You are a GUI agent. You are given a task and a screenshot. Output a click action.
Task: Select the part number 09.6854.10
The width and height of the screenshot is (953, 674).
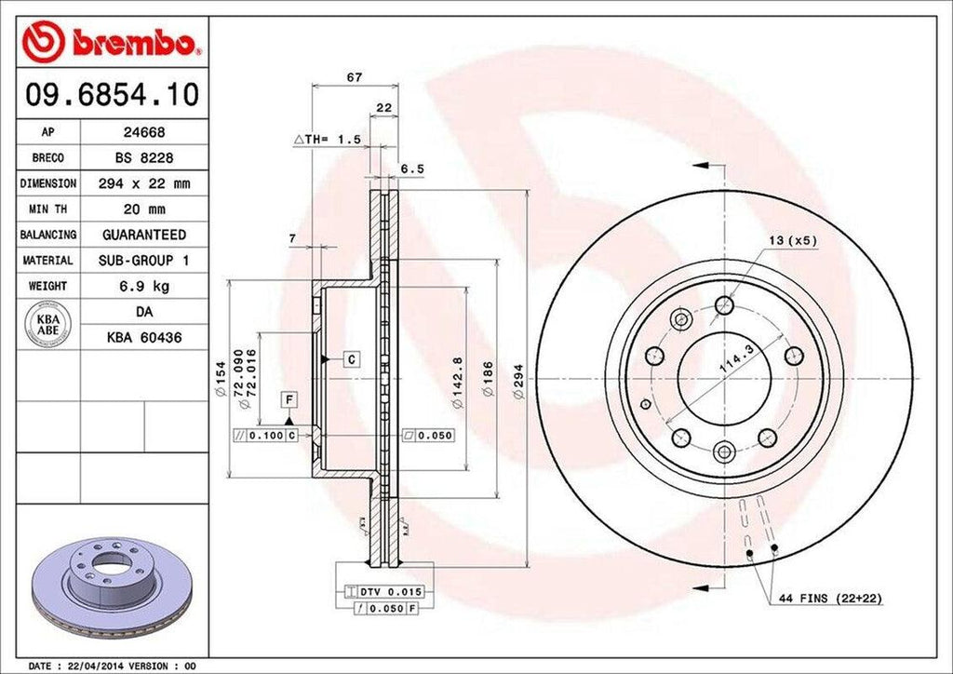(110, 94)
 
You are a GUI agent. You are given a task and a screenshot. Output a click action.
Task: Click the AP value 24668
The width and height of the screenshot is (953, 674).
(143, 132)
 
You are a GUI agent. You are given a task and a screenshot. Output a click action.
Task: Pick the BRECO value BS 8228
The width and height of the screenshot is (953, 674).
(143, 158)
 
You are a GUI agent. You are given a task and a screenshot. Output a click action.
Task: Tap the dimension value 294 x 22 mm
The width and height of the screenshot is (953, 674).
(143, 183)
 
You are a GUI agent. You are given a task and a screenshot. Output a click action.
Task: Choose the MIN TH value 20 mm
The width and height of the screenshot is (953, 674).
(143, 209)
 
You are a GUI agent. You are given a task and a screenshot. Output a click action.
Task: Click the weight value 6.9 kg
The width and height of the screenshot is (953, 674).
(143, 286)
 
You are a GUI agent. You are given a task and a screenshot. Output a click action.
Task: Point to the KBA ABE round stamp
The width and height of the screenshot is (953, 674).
(47, 324)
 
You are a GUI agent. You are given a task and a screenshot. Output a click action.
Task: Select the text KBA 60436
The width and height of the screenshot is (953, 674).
(143, 337)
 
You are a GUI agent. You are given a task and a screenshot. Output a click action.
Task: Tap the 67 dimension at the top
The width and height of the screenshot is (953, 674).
(354, 77)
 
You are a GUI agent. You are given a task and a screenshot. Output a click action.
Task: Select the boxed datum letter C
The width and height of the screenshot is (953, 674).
(353, 358)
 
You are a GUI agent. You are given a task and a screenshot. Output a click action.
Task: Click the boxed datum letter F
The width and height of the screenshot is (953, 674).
(289, 401)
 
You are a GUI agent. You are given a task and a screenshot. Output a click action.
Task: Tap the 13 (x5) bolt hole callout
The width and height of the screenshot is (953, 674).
(792, 240)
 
